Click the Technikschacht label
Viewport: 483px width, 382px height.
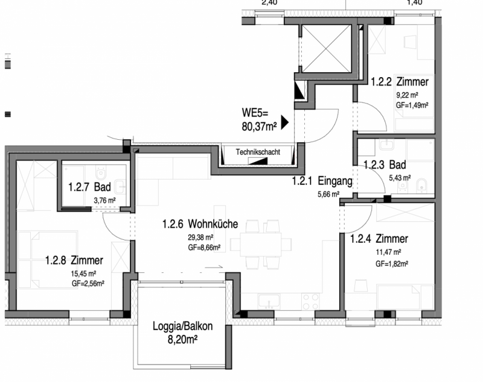[258, 152]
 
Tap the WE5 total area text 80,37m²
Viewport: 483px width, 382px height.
[259, 127]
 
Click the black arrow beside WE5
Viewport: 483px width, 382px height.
[284, 122]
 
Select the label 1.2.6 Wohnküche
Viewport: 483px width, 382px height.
[200, 224]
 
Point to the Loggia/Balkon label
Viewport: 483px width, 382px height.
[183, 326]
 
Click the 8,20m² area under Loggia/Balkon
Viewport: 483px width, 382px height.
[182, 340]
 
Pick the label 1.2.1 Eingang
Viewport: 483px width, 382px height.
[322, 181]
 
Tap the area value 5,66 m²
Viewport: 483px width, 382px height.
[328, 194]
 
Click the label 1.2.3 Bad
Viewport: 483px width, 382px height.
[385, 164]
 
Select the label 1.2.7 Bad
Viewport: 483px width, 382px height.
[89, 187]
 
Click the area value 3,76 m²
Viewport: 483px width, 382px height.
[104, 201]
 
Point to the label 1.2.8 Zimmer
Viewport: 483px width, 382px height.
[74, 260]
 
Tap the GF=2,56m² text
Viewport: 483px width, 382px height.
[88, 283]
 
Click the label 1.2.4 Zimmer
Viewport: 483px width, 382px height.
[379, 239]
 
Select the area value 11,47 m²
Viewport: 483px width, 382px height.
[388, 252]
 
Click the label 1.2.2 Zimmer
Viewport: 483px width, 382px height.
[400, 82]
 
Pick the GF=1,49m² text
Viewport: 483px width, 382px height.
[412, 105]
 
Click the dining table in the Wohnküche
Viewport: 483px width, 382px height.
[261, 244]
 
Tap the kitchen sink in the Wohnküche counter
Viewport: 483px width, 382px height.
[269, 301]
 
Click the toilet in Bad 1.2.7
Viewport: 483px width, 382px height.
[101, 173]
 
